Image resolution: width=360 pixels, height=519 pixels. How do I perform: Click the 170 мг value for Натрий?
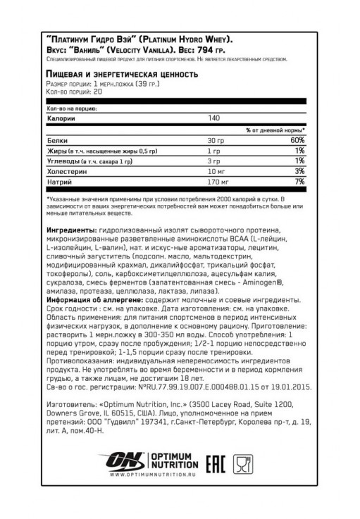(216, 182)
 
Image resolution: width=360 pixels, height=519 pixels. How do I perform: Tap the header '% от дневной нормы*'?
(275, 130)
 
